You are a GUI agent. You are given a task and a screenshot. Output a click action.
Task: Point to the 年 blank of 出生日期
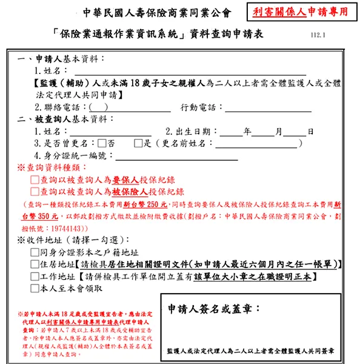pos(231,131)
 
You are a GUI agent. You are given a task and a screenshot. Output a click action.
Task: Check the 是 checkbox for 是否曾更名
pos(138,144)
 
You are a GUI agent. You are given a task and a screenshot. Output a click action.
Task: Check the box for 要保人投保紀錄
pos(34,180)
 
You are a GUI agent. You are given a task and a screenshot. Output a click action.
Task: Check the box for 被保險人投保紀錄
pos(34,192)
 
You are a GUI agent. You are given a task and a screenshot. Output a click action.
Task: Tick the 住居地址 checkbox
pos(34,265)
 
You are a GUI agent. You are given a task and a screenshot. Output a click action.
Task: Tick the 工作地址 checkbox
pos(34,277)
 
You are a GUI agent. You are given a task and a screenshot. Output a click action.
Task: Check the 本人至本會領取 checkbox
pos(34,289)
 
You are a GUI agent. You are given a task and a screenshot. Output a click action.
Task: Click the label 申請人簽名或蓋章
pos(213,308)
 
